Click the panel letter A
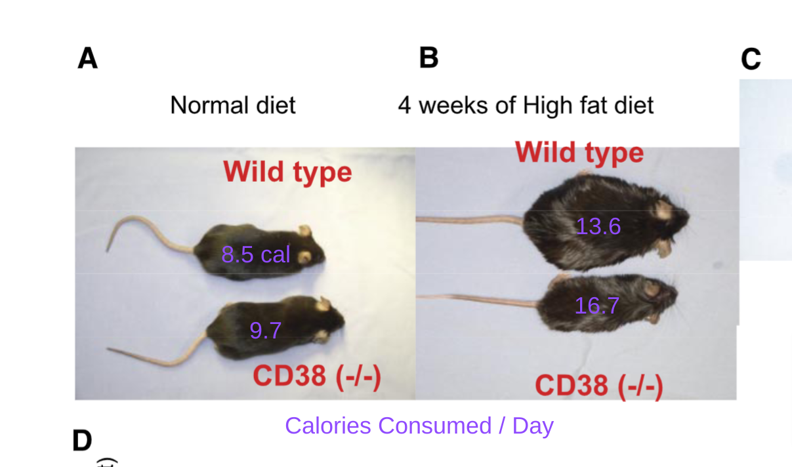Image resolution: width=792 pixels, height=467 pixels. point(87,58)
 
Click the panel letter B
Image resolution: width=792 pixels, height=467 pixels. point(428,58)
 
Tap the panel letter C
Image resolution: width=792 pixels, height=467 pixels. point(751,60)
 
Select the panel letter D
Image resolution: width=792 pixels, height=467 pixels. point(82,440)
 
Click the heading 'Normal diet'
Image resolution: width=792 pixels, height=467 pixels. point(233,105)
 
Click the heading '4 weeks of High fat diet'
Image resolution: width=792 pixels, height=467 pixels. point(526,105)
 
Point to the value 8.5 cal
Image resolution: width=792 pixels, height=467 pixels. point(255,254)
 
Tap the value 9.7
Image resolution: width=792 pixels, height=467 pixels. point(265,330)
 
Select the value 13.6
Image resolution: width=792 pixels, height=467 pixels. point(598,226)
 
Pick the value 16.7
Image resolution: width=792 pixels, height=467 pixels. point(596,306)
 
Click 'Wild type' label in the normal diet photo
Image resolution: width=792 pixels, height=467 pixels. point(287,172)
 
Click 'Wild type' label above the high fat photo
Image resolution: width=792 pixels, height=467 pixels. point(579,152)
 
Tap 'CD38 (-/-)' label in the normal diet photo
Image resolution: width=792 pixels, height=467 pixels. point(317,376)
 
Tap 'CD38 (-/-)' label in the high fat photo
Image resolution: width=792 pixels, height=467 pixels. point(598,385)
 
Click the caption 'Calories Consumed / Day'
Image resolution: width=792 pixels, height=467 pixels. point(419,426)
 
